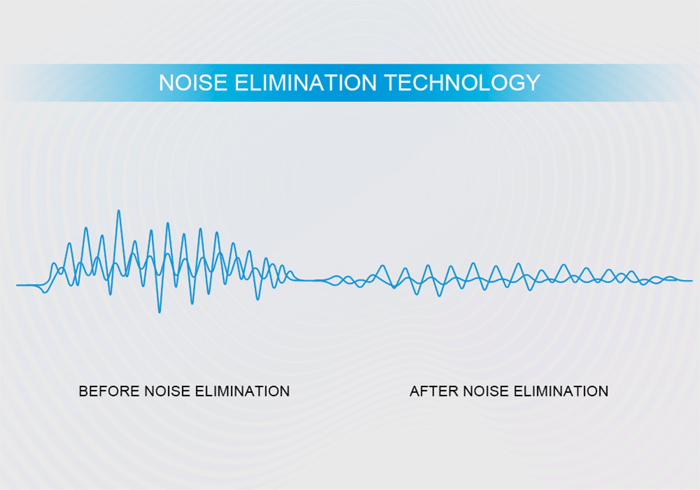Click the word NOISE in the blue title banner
[x=193, y=82]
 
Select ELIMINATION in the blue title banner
[x=306, y=82]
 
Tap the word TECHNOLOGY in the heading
[x=462, y=82]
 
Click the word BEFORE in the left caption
[x=109, y=391]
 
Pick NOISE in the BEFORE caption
[x=167, y=391]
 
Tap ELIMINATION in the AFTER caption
[x=561, y=391]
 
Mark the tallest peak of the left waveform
[x=119, y=210]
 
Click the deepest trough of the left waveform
[x=160, y=312]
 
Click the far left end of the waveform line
[x=17, y=284]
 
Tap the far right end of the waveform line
[x=692, y=281]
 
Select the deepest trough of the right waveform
[x=439, y=296]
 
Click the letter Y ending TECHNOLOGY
[x=533, y=82]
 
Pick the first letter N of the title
[x=166, y=82]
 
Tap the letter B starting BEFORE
[x=83, y=391]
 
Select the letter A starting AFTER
[x=415, y=391]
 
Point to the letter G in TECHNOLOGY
[x=516, y=82]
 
